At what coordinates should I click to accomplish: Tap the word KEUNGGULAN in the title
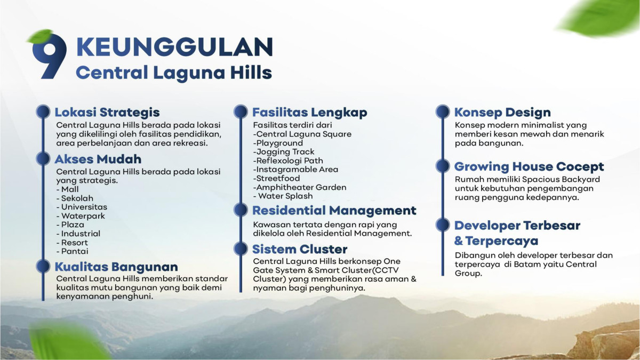coord(174,47)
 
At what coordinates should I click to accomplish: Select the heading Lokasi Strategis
coord(107,113)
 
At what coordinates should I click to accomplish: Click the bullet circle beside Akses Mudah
coord(43,158)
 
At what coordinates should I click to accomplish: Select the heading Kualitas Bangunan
coord(116,267)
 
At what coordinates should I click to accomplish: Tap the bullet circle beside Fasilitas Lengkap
coord(241,111)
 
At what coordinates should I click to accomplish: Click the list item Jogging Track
coord(284,151)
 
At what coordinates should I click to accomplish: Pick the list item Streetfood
coord(277,178)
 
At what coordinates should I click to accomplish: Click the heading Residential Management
coord(334,211)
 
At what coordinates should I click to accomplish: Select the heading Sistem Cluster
coord(300,249)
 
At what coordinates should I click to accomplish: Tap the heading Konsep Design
coord(502,113)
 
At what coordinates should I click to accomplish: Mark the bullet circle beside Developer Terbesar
coord(443,225)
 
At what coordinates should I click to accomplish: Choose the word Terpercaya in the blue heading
coord(502,241)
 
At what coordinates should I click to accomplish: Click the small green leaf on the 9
coord(40,36)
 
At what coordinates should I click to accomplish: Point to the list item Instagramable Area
coord(295,170)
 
